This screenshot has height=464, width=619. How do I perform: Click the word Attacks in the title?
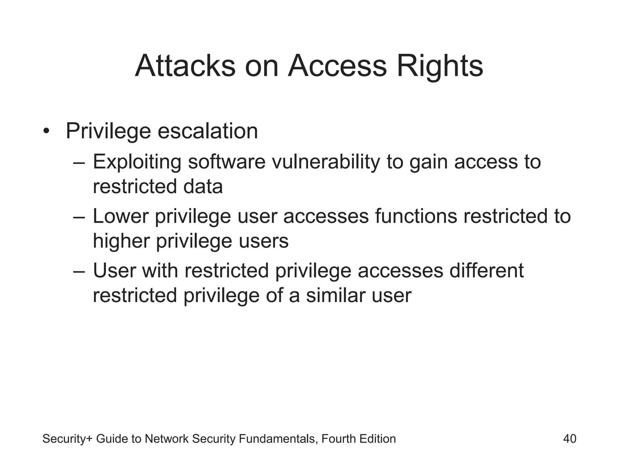(185, 66)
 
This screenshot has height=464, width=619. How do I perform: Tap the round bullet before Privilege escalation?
(46, 131)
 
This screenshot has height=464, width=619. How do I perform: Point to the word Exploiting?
(137, 162)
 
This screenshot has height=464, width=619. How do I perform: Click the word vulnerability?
(326, 162)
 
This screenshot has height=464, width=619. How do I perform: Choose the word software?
(227, 162)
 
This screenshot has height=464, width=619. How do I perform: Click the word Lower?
(121, 216)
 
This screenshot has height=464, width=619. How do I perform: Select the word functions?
(416, 216)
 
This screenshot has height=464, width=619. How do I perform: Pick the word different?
(486, 271)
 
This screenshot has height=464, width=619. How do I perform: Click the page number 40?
(569, 439)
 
